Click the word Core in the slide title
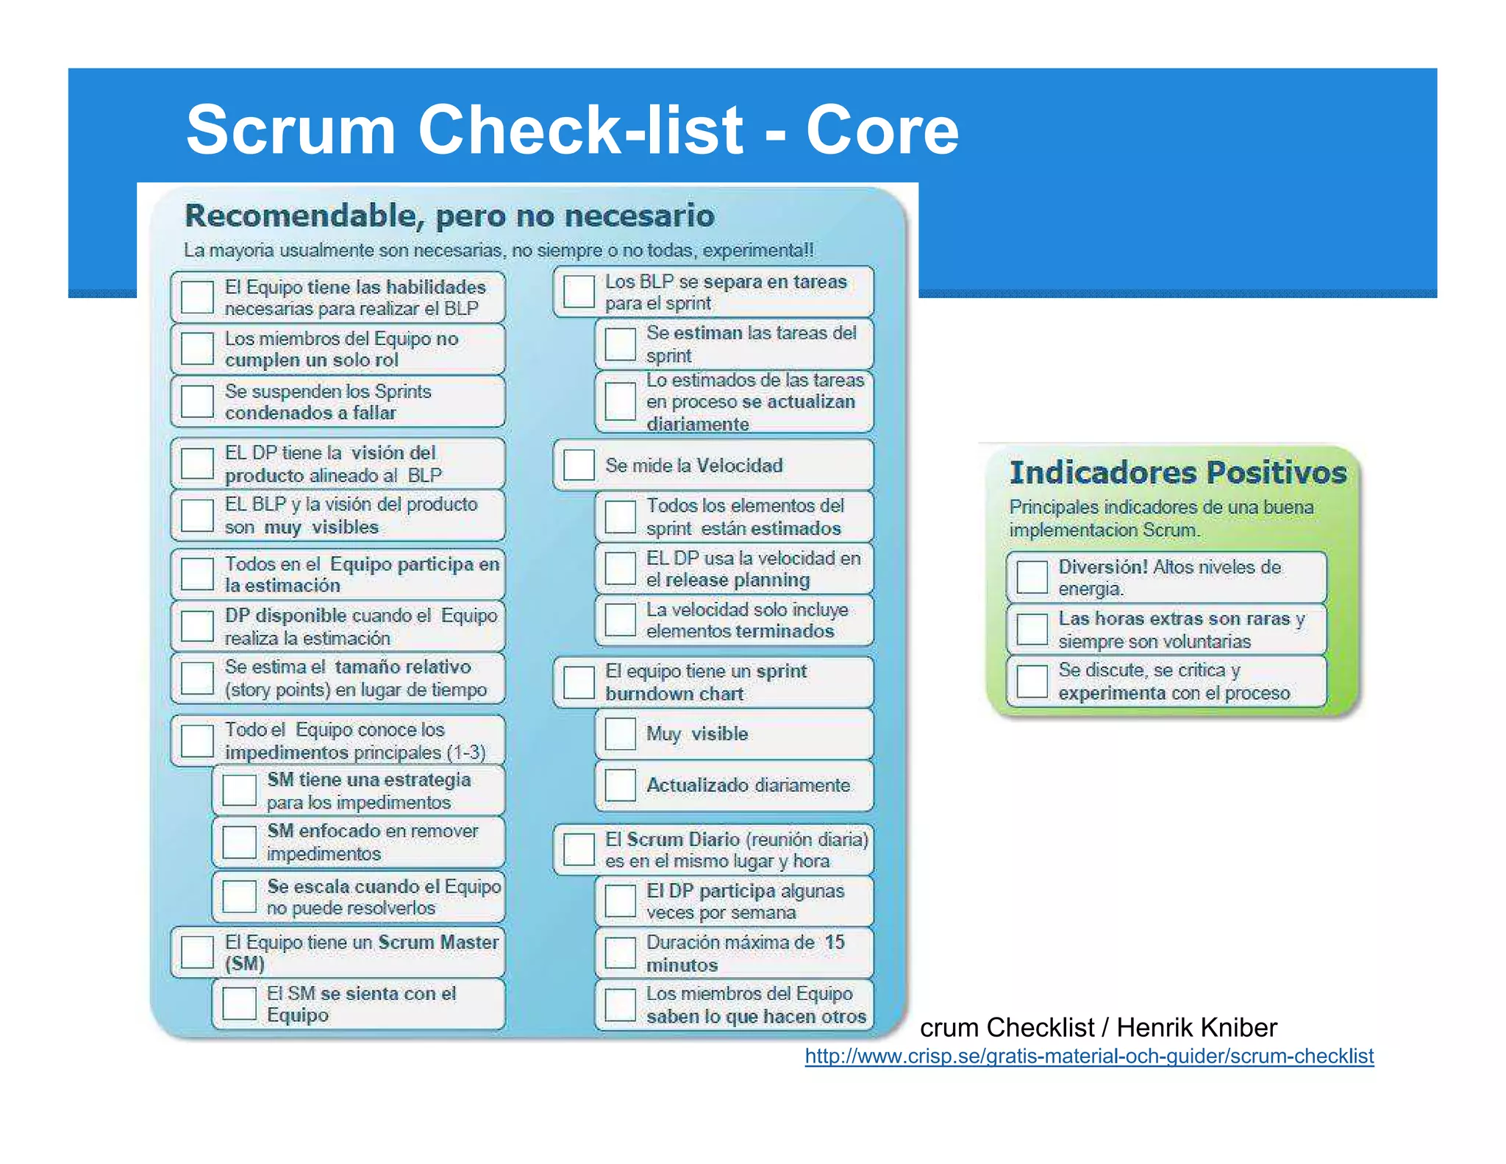[x=882, y=129]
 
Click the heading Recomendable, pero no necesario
[x=449, y=216]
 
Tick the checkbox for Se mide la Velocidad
[x=579, y=465]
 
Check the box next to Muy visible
[x=620, y=734]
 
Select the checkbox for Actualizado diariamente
[x=620, y=785]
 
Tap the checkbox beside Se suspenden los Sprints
[x=197, y=401]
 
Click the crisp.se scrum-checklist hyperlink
[x=1088, y=1056]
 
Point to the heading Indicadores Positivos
[x=1177, y=472]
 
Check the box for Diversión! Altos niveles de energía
[x=1032, y=578]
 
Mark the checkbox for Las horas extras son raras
[x=1032, y=629]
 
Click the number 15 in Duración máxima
[x=834, y=942]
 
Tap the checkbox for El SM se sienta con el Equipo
[x=239, y=1004]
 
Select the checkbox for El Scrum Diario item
[x=579, y=850]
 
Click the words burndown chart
[x=674, y=694]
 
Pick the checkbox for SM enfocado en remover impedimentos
[x=239, y=842]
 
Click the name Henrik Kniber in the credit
[x=1196, y=1027]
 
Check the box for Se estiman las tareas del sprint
[x=620, y=344]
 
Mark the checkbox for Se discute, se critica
[x=1032, y=681]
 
